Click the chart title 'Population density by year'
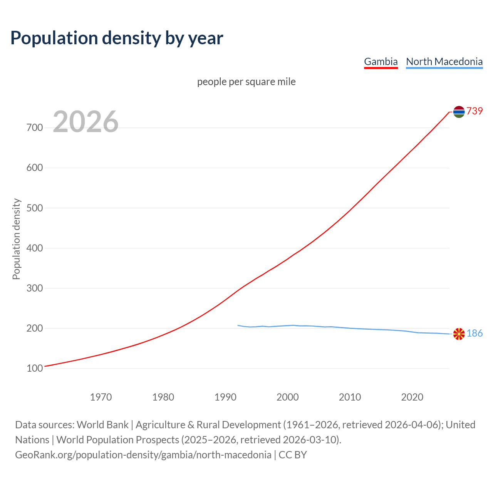(x=117, y=38)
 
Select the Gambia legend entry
(x=381, y=62)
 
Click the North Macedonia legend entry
(x=444, y=62)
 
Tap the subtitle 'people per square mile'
(x=246, y=82)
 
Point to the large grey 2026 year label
(x=86, y=122)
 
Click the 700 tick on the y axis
(x=35, y=127)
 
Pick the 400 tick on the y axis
(x=35, y=248)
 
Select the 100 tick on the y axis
(x=35, y=369)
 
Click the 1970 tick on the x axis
(x=101, y=397)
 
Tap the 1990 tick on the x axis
(x=225, y=397)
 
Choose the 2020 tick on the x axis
(x=412, y=397)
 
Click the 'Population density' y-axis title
(x=16, y=239)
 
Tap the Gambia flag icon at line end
(x=459, y=112)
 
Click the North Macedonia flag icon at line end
(x=459, y=334)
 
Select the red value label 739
(x=475, y=111)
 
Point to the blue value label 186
(x=475, y=334)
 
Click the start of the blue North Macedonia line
(x=238, y=325)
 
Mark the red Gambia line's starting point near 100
(x=45, y=366)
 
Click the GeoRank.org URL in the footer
(x=143, y=455)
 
